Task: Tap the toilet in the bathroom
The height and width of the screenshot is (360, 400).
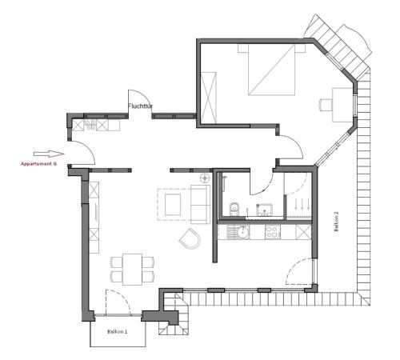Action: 233,210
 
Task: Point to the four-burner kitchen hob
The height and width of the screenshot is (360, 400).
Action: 272,233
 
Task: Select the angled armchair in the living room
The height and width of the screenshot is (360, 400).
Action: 191,238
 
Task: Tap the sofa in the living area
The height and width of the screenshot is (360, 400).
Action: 198,202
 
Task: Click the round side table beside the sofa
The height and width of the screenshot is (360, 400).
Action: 205,177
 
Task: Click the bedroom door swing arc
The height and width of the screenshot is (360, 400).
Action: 291,147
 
